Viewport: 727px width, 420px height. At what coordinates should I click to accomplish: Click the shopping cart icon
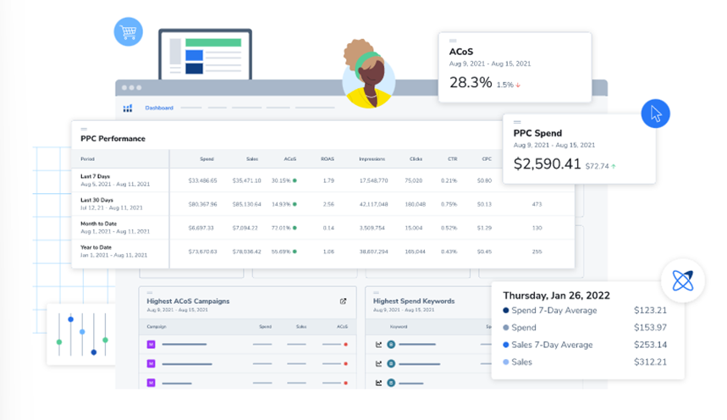(x=128, y=33)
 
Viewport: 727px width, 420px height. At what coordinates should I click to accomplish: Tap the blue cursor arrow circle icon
(x=655, y=113)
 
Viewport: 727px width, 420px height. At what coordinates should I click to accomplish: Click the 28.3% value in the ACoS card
(x=470, y=82)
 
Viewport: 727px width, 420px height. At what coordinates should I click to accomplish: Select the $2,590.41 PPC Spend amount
(x=548, y=164)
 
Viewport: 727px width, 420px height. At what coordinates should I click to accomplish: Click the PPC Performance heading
(x=113, y=138)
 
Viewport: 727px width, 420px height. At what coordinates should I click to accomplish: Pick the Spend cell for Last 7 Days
(x=202, y=180)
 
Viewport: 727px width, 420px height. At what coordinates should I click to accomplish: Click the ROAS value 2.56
(x=328, y=204)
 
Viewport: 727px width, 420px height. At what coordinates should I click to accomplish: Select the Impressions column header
(x=372, y=159)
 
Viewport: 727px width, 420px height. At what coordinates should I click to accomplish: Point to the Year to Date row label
(x=96, y=248)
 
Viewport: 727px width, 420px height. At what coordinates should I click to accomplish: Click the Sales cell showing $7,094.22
(x=247, y=228)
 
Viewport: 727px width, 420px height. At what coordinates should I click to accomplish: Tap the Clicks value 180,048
(x=415, y=204)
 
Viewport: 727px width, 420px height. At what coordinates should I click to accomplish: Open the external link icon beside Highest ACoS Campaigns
(x=344, y=301)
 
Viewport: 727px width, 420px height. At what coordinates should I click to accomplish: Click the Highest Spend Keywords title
(x=414, y=301)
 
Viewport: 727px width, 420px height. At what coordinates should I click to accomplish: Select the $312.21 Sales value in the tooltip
(x=650, y=362)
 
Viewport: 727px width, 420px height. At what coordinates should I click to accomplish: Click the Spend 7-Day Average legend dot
(x=505, y=311)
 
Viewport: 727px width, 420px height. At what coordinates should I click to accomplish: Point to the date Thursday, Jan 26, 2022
(x=556, y=296)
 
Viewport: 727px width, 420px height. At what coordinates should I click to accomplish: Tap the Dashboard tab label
(x=159, y=108)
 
